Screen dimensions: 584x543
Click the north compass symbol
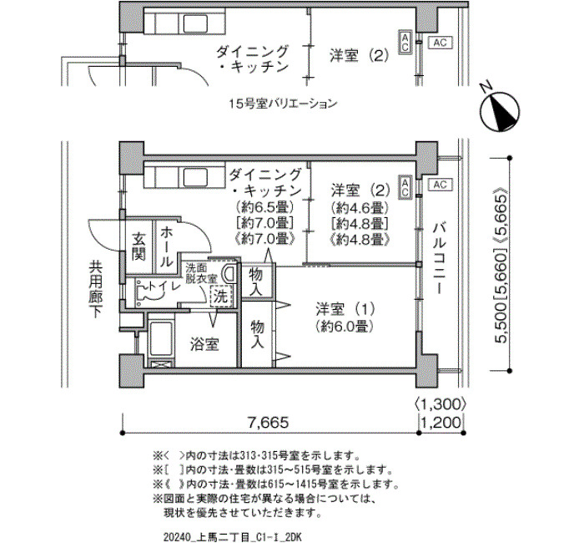(x=500, y=111)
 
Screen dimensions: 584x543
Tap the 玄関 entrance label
(x=138, y=246)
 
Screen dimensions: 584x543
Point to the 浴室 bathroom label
(x=204, y=344)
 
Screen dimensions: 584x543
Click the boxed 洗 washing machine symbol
(x=220, y=297)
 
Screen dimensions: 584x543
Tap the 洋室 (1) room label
(x=345, y=309)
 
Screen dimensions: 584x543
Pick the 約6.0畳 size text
(x=344, y=327)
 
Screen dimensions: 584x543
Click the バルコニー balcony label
(x=440, y=257)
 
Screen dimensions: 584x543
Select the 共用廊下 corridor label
(x=96, y=288)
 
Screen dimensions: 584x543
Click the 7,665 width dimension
(x=268, y=422)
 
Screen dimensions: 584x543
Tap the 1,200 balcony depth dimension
(x=441, y=423)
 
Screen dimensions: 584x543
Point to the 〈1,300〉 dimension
(x=440, y=403)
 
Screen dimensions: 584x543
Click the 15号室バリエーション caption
(x=283, y=104)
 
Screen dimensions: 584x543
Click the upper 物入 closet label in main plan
(x=255, y=282)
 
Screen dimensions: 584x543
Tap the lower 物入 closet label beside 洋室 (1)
(x=257, y=334)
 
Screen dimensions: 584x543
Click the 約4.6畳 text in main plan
(x=357, y=206)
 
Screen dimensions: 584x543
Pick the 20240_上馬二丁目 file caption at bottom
(x=233, y=537)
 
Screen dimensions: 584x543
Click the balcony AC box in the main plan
(x=440, y=185)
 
